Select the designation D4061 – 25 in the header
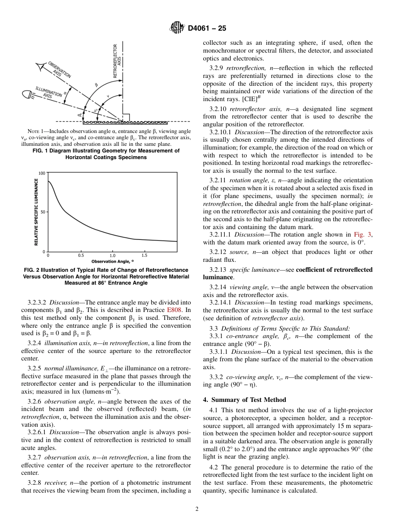tap(207, 29)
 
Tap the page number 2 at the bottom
tap(197, 509)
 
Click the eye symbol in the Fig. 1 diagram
tap(41, 68)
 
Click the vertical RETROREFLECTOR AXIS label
tap(117, 61)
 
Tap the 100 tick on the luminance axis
tap(42, 173)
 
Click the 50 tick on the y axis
tap(43, 212)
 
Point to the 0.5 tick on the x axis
tap(81, 256)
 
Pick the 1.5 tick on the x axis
tap(144, 256)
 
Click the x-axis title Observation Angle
tap(112, 261)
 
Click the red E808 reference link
tap(173, 310)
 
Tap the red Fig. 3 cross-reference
tap(363, 234)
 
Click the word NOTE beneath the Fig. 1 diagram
tap(34, 131)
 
